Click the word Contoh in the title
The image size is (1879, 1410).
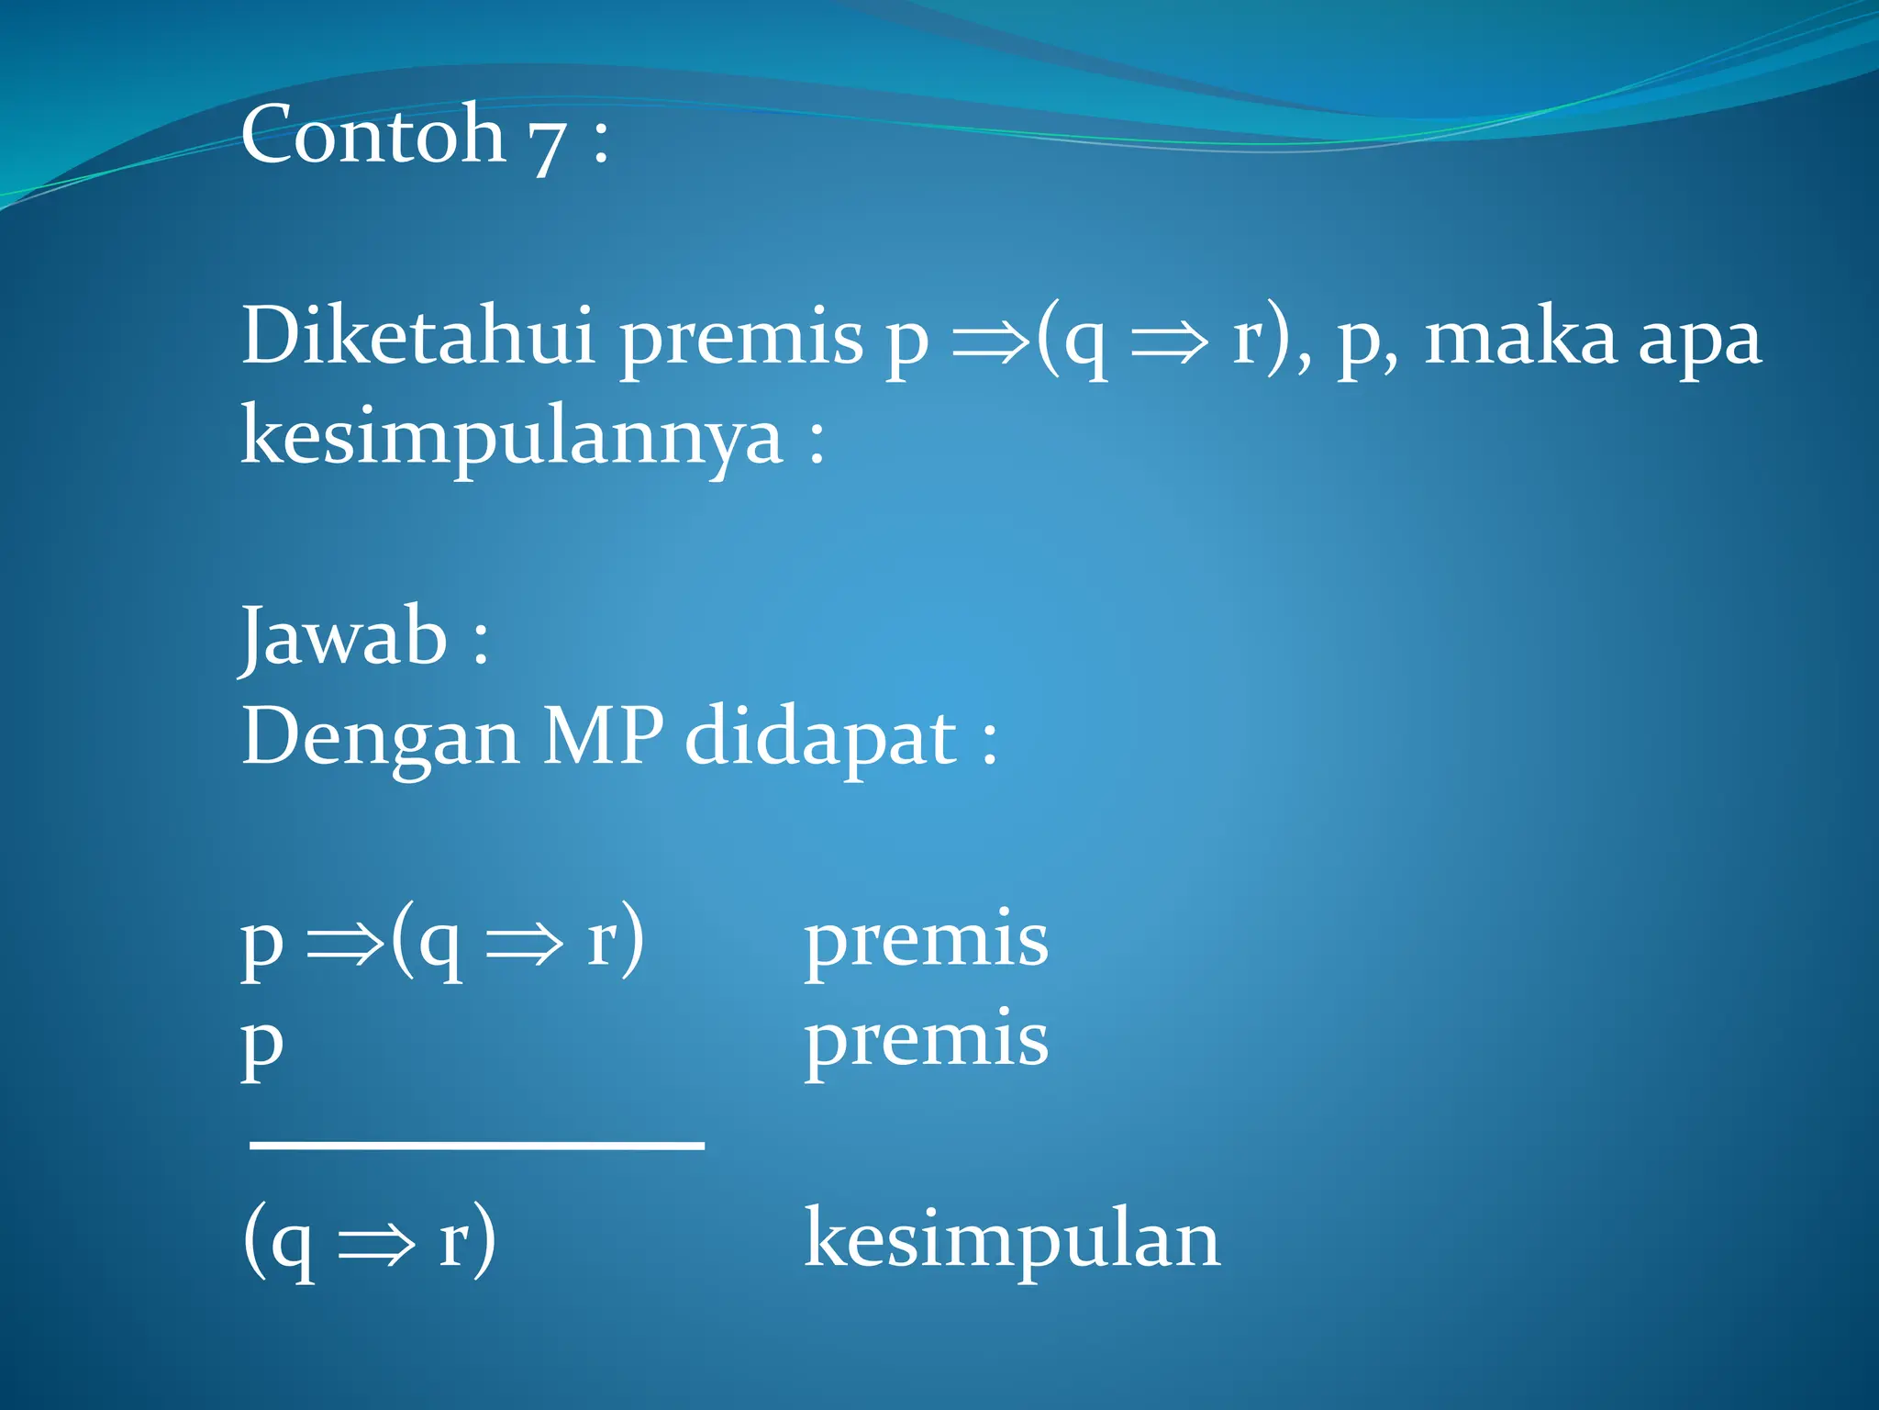372,135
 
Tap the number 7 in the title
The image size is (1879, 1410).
547,142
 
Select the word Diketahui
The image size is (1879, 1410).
418,336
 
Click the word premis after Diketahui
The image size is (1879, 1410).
741,340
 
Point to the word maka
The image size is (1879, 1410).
1519,338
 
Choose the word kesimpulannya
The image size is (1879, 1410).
512,439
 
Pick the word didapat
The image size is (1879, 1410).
822,738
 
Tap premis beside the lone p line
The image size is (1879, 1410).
926,1041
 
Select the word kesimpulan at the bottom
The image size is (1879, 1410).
1012,1239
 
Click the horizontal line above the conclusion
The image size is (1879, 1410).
477,1145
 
